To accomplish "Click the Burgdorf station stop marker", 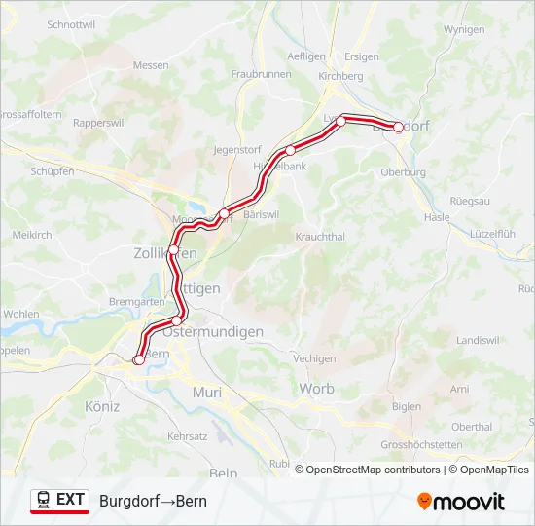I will click(398, 127).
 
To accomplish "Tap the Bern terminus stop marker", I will click(138, 360).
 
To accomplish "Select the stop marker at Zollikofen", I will click(173, 250).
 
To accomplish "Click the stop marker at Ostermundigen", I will click(176, 320).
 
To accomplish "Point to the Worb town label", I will click(316, 389).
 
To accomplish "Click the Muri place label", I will click(208, 392).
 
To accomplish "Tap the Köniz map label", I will click(102, 406).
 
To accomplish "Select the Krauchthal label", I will click(320, 236).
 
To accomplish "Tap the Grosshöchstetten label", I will click(421, 444).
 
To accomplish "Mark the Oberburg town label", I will click(404, 172).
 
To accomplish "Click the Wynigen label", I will click(463, 29).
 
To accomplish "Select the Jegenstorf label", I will click(238, 152).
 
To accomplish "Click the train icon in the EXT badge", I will click(44, 500).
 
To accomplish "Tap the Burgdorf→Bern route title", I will click(153, 501).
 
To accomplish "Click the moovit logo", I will click(461, 502).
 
